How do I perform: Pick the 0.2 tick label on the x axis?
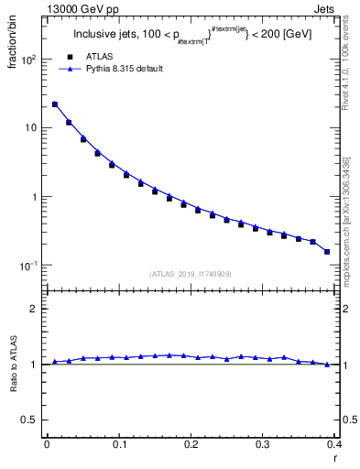point(190,444)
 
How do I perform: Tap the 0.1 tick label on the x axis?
point(118,444)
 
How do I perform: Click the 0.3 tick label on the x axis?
point(262,444)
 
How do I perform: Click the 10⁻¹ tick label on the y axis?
point(27,266)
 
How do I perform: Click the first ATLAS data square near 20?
point(55,105)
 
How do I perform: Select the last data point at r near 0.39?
point(327,251)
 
